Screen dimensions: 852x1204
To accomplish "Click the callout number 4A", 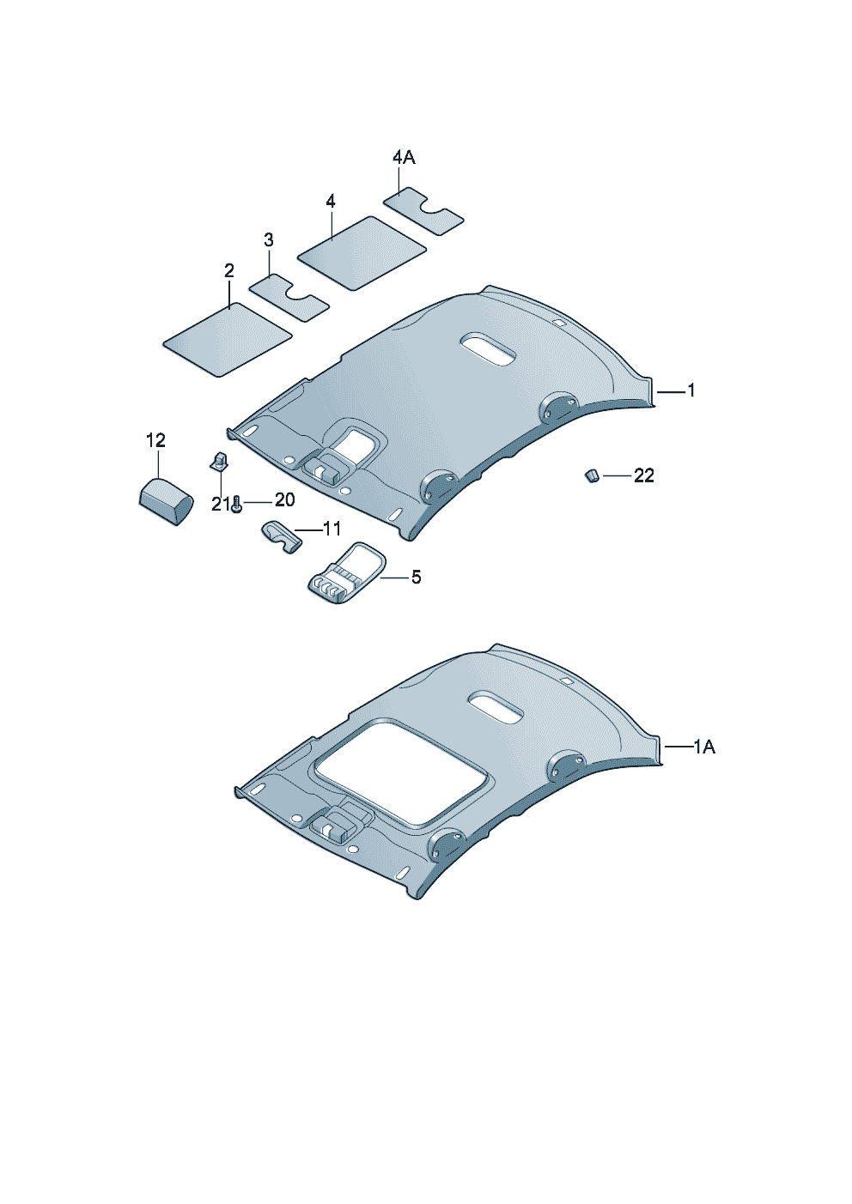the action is coord(404,158).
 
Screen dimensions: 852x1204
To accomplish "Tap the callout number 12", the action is coord(155,441).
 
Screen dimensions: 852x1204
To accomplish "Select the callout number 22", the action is coord(644,475).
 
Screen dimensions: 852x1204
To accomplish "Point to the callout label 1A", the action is coord(704,747).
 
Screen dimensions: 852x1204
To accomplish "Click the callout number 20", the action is coord(284,499).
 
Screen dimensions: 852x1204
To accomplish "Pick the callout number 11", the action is coord(332,529).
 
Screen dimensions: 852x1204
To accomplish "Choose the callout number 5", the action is coord(416,577).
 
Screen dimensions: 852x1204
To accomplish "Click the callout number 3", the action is coord(269,239).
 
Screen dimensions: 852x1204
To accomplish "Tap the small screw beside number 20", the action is coord(237,505).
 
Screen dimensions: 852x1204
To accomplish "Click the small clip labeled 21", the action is coord(218,461).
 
